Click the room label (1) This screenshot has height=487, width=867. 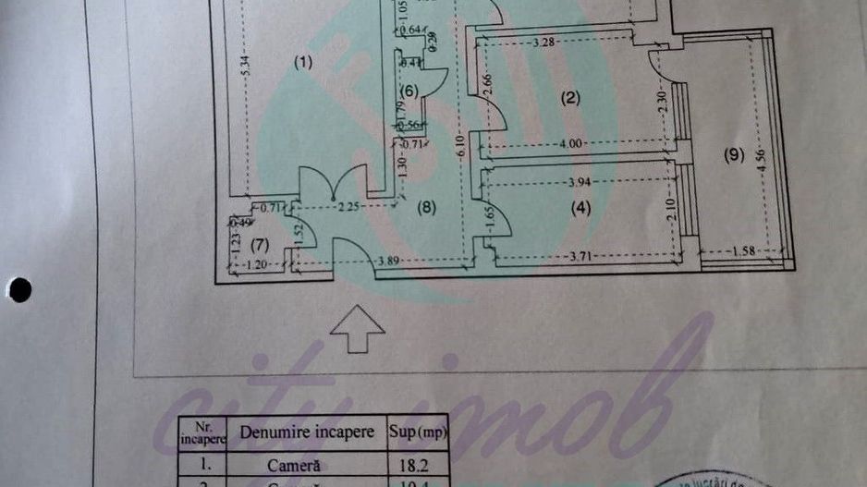304,63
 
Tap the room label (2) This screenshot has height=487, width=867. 570,98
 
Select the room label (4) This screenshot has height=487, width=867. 580,208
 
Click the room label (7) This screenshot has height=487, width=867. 260,245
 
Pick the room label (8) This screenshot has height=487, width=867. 425,208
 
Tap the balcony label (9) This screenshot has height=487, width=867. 733,155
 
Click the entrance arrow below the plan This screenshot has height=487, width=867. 358,330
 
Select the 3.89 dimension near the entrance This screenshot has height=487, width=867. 388,263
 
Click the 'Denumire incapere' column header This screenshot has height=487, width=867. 307,432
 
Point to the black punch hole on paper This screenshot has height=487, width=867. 18,290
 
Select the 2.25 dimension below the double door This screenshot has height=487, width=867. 348,208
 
